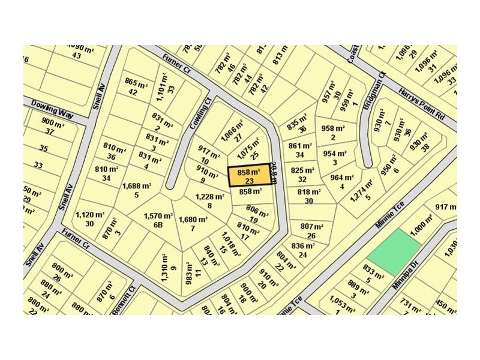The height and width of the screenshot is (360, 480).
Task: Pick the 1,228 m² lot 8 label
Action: coord(209,200)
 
